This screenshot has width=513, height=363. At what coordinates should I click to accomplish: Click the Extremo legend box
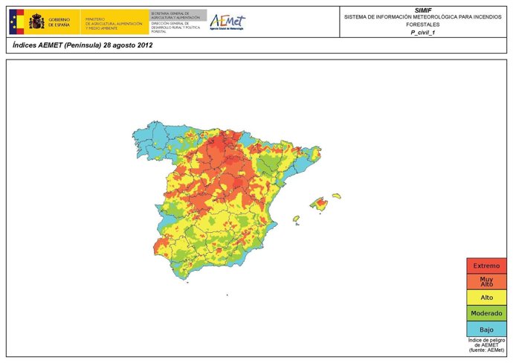point(487,266)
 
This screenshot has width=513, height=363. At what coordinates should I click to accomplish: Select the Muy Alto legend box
point(487,281)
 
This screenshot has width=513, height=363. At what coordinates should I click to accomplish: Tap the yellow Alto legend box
point(487,298)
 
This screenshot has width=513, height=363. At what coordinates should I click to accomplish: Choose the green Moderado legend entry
point(487,313)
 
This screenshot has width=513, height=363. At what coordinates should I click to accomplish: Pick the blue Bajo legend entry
point(487,329)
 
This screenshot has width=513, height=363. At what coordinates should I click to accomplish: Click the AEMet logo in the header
point(227,22)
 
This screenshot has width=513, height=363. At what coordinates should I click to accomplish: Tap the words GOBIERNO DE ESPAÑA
point(60,22)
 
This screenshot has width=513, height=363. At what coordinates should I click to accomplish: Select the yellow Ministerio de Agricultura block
point(115,22)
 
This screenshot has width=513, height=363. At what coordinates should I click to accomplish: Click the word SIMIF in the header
point(423,10)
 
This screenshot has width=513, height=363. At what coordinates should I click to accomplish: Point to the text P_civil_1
point(423,33)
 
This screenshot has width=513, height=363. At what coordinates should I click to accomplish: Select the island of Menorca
point(337,196)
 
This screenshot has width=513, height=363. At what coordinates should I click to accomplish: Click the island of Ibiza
point(296,219)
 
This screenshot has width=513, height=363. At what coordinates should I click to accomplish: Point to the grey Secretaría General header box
point(178,15)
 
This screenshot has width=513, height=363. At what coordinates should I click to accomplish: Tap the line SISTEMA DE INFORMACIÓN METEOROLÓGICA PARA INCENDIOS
point(423,17)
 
